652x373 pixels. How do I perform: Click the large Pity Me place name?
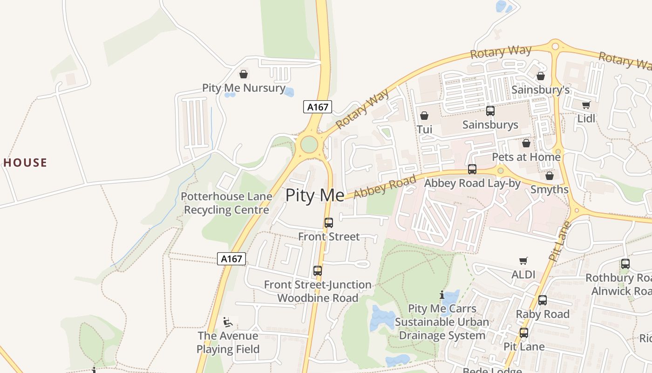pos(315,195)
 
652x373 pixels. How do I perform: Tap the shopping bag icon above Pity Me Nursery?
pos(243,74)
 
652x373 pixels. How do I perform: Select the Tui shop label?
pos(424,129)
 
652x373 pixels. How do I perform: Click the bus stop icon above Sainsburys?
pos(490,111)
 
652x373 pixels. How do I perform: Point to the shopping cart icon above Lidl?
pos(586,105)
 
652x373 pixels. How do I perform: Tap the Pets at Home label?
pos(526,157)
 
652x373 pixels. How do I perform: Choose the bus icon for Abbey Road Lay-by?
pos(472,169)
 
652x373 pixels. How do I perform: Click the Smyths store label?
pos(550,189)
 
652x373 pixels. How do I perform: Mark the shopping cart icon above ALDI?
pos(523,261)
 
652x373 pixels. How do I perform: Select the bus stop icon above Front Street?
pos(329,223)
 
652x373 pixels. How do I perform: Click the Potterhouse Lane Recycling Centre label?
pos(226,203)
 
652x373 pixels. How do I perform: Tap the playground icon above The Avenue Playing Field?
pos(228,322)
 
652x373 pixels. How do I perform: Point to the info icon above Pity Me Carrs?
pos(441,295)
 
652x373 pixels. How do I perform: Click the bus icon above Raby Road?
pos(543,300)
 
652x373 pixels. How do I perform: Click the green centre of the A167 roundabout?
pos(309,145)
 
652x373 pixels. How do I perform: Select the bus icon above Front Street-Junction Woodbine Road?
pos(318,271)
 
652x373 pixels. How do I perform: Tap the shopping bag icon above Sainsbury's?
pos(541,76)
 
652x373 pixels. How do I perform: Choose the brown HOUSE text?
pos(25,163)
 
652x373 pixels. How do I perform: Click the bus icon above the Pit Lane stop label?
pos(524,333)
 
